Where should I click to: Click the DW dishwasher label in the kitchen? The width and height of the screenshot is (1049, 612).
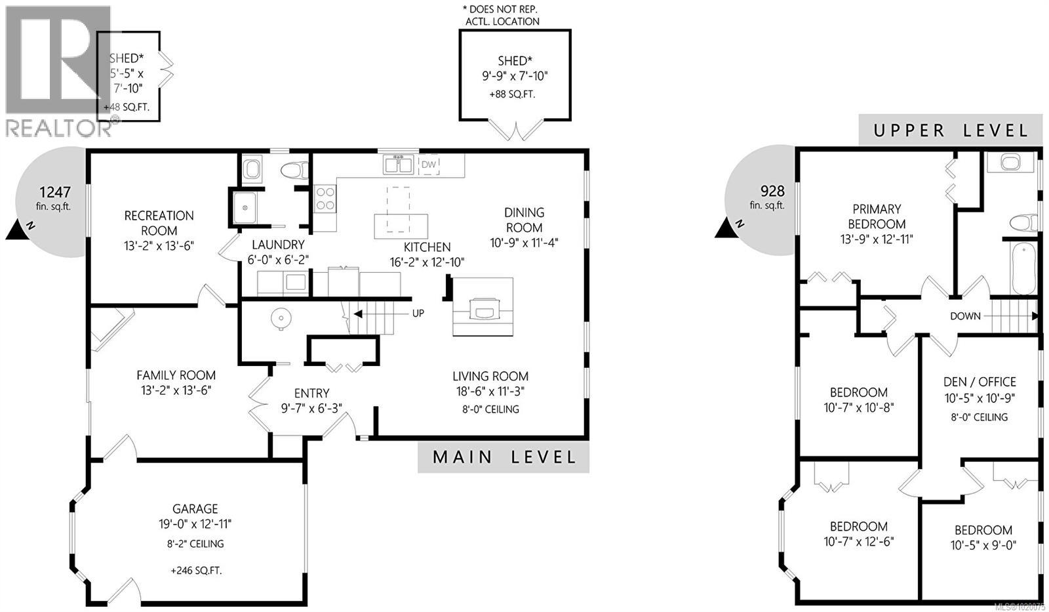click(428, 164)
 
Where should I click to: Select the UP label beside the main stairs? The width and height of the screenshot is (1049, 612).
click(418, 314)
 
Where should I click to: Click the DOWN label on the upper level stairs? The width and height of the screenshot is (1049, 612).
click(965, 316)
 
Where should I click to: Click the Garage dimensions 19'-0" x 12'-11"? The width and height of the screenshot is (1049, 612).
click(195, 524)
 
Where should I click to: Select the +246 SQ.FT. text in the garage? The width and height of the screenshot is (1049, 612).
click(196, 571)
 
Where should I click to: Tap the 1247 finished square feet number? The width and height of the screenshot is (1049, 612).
click(54, 192)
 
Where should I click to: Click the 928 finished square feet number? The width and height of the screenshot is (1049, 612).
click(772, 191)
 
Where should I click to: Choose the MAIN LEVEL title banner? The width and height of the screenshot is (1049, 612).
click(504, 457)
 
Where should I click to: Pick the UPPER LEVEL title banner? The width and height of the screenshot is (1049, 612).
click(950, 131)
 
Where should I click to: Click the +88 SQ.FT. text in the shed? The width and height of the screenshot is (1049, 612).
click(512, 94)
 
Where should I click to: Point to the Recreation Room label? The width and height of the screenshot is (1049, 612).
click(159, 223)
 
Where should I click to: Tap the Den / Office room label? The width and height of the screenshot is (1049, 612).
click(980, 382)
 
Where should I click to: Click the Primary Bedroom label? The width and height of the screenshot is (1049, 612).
click(877, 216)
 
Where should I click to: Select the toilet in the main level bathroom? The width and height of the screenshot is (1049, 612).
click(294, 171)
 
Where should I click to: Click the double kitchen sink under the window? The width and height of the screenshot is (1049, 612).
click(398, 165)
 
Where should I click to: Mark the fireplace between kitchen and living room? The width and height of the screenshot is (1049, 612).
click(484, 307)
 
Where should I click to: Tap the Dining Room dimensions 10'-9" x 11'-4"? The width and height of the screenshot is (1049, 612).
click(524, 243)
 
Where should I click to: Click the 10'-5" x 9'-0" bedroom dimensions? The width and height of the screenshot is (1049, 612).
click(983, 545)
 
